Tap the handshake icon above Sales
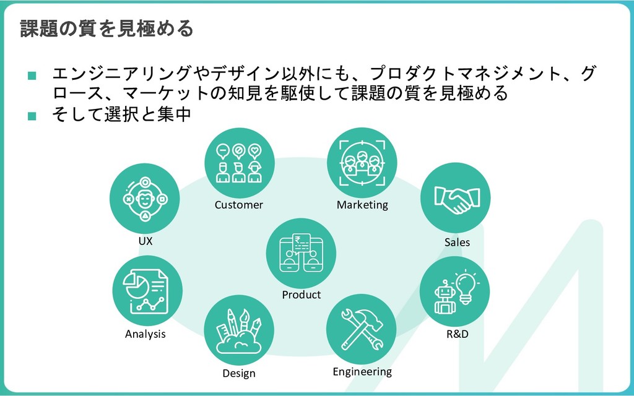[455, 198]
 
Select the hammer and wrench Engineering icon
[361, 328]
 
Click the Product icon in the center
[302, 253]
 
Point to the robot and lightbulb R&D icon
[454, 291]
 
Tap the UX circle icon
[145, 198]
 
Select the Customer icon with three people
[239, 163]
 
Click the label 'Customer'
[239, 205]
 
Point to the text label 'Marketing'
[362, 205]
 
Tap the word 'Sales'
[457, 242]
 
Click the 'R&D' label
[458, 334]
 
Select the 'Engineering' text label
[362, 371]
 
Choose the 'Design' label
[239, 374]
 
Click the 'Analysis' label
[145, 334]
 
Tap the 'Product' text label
[302, 295]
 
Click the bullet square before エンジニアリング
[32, 76]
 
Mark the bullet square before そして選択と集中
[32, 115]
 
